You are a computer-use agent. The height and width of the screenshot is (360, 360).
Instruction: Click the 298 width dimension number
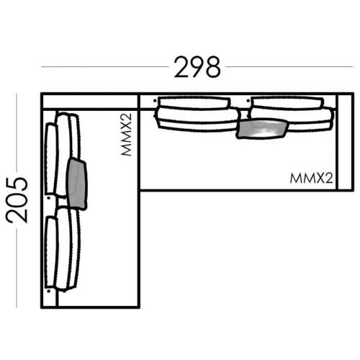point(197,67)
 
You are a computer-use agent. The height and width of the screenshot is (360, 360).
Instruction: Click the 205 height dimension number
point(17,200)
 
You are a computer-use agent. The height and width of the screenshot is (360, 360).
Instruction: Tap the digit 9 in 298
point(197,67)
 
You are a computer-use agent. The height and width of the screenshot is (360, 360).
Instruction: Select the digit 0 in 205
point(17,200)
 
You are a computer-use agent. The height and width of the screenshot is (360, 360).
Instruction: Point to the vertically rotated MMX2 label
point(127,135)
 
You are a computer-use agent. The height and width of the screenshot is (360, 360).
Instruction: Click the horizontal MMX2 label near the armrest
point(311,179)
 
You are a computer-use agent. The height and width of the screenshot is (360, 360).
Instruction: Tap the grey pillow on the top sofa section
point(262,129)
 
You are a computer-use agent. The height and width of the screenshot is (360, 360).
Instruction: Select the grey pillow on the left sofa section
point(77,184)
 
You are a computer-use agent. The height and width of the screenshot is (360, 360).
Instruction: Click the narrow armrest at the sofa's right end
point(346,142)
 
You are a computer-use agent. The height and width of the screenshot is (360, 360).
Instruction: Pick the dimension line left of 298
point(105,66)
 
